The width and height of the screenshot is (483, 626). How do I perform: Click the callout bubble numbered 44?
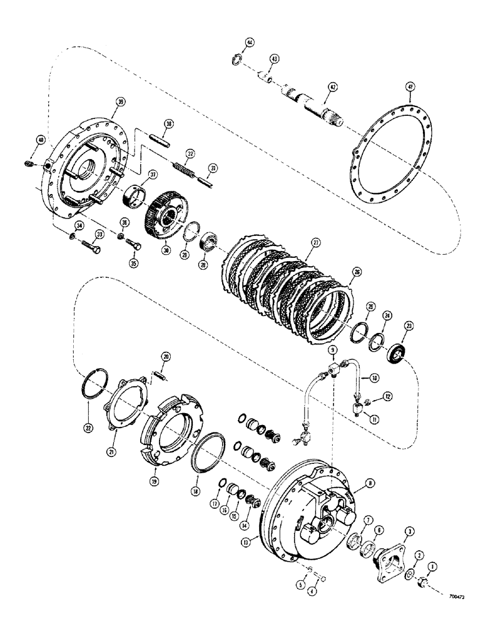click(250, 43)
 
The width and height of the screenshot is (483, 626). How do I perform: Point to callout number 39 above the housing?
click(121, 101)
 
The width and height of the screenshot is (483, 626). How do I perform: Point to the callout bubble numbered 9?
click(333, 349)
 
